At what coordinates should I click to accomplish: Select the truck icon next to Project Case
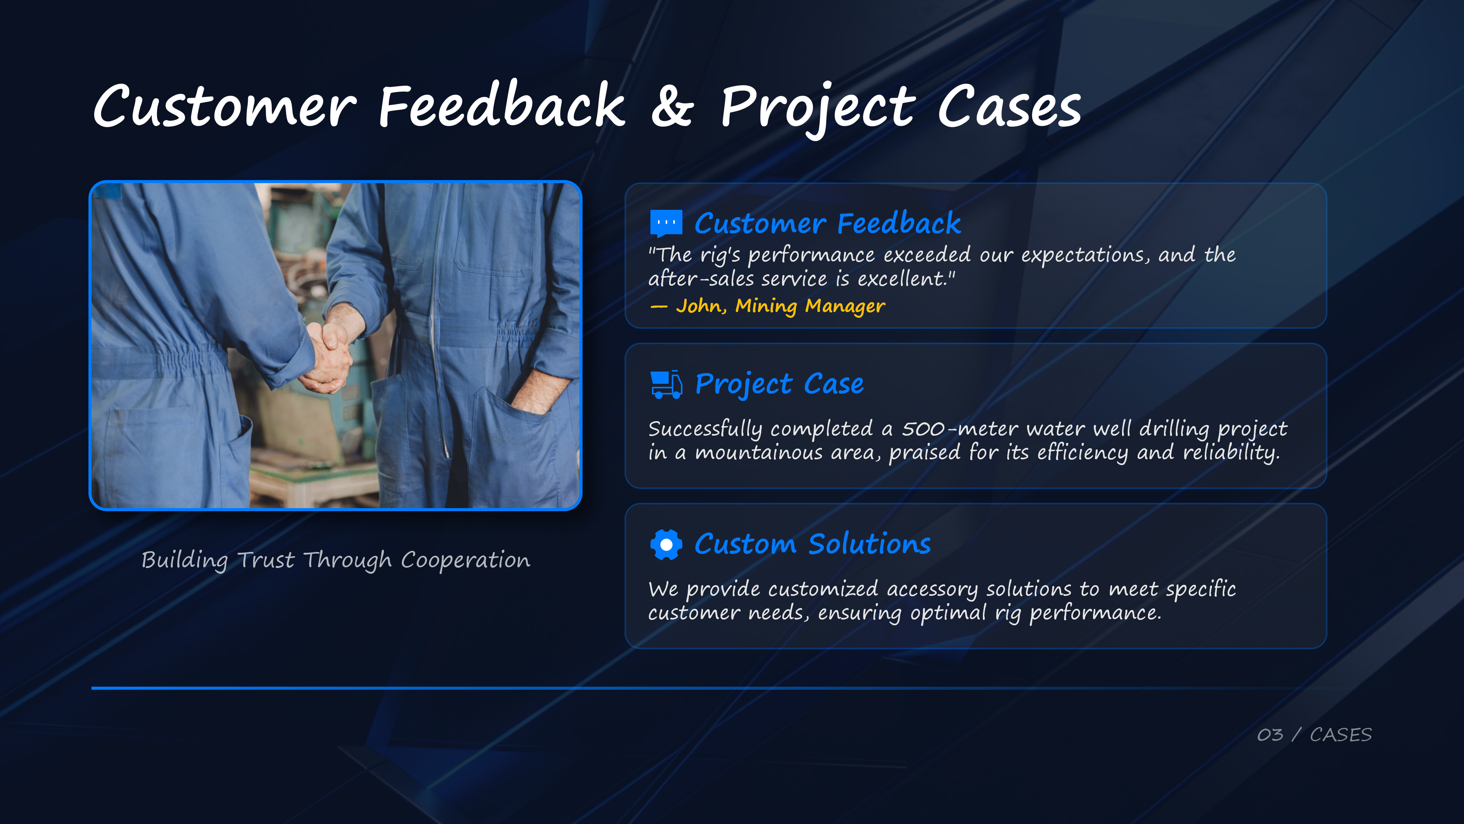click(x=666, y=385)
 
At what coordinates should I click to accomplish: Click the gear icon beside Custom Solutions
click(x=666, y=545)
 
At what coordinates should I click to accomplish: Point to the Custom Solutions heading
click(x=813, y=544)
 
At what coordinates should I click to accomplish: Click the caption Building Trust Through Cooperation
click(x=336, y=560)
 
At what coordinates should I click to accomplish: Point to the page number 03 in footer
click(x=1270, y=735)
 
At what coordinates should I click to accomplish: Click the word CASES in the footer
click(x=1341, y=735)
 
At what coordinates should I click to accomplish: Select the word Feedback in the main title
click(x=502, y=105)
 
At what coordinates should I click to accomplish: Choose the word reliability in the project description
click(x=1231, y=453)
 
